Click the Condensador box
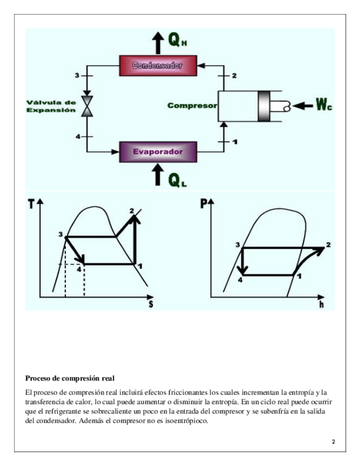coord(158,66)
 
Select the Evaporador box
coord(158,151)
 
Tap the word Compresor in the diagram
coord(192,106)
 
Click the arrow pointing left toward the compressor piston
coord(303,105)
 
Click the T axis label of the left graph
coord(30,203)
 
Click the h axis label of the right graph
coord(322,304)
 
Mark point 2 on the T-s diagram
coord(132,211)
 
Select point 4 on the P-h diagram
coord(240,280)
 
